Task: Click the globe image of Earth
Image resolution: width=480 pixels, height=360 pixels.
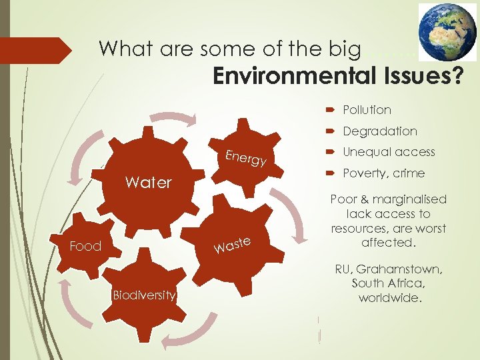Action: (x=447, y=33)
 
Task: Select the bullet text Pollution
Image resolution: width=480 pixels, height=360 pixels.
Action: (x=367, y=110)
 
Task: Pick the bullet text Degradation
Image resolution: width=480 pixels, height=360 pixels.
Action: (x=380, y=131)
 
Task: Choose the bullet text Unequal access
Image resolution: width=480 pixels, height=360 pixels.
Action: (x=388, y=152)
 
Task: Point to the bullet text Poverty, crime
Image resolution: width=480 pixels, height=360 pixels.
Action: (x=383, y=173)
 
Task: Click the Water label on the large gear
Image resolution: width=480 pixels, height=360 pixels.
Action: (x=148, y=183)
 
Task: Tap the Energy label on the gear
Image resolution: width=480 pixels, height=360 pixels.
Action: (x=246, y=158)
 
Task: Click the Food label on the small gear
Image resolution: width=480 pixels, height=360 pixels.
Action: (x=85, y=247)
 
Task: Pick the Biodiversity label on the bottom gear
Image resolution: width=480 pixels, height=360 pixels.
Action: (x=144, y=295)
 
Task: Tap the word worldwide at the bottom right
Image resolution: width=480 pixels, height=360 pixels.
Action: (x=389, y=298)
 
